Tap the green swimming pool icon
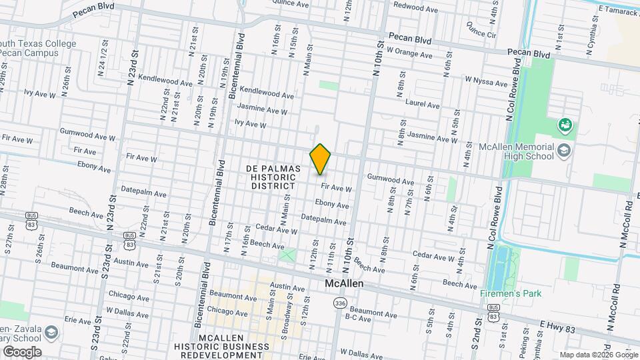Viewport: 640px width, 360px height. (565, 124)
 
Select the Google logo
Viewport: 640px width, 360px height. (22, 351)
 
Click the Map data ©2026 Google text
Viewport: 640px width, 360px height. (598, 355)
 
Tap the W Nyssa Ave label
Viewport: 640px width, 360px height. (487, 80)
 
